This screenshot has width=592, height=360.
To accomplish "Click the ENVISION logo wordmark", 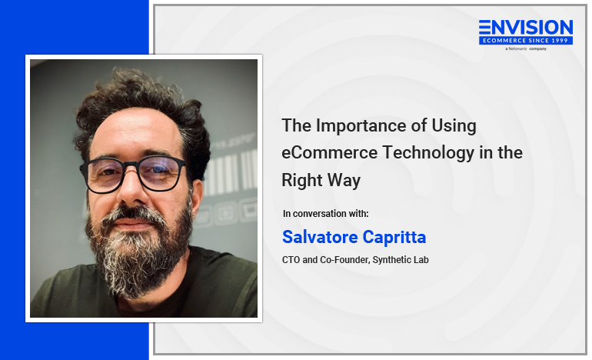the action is [526, 27].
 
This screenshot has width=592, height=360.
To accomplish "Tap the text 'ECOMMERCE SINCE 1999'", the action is [526, 41].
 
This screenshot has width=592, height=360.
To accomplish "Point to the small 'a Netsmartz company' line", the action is [526, 48].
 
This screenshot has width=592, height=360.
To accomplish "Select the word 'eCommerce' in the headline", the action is [330, 152].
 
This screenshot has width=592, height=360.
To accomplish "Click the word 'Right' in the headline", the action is [301, 181].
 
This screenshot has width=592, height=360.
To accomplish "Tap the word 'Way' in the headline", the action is [344, 181].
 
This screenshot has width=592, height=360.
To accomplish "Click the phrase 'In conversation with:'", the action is [325, 214].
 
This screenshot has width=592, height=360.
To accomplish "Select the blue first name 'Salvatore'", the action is [320, 237].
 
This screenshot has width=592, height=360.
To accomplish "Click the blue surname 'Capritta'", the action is [394, 238].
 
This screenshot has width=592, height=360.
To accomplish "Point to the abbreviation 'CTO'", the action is [291, 260].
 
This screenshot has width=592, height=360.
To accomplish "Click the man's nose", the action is [131, 192].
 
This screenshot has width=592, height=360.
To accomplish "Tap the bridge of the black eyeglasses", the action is [131, 165].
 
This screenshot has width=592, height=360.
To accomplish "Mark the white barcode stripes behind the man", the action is [231, 172].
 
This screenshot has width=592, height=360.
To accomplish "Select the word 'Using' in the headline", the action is [454, 127].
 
